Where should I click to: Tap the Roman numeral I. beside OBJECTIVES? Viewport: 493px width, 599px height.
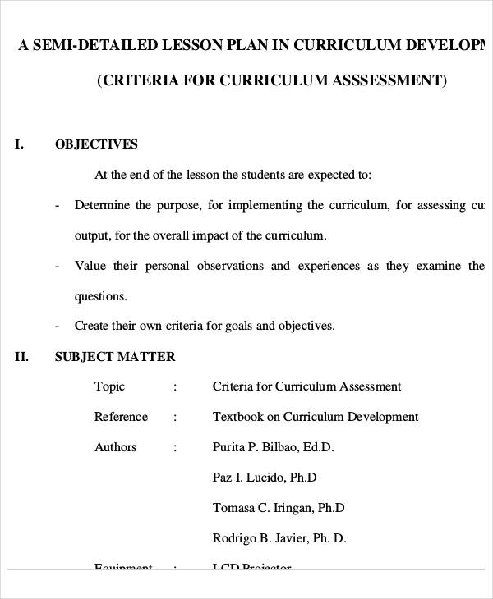coord(20,144)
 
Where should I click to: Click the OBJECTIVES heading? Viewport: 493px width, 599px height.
coord(96,144)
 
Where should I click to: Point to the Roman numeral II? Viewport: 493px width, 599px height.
coord(22,357)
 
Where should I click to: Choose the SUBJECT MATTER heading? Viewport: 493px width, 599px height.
coord(115,357)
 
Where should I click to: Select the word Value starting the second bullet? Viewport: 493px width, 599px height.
coord(90,266)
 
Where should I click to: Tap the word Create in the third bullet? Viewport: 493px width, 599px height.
coord(93,326)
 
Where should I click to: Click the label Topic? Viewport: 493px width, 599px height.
coord(110,386)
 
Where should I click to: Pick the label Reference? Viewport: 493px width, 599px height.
coord(121,417)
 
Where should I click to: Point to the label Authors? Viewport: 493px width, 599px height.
coord(116,447)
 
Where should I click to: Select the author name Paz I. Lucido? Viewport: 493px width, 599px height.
coord(264,478)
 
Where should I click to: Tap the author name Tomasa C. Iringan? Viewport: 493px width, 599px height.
coord(278,508)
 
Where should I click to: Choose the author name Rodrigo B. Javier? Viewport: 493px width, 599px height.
coord(279,538)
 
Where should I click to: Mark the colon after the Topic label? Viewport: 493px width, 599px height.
coord(175,386)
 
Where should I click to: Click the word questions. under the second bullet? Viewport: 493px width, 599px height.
coord(101,296)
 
